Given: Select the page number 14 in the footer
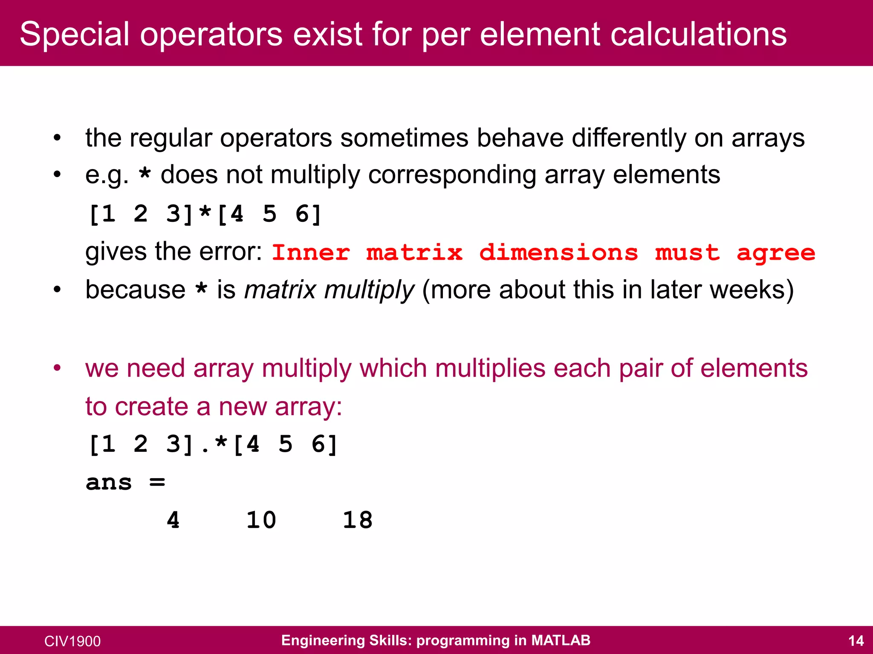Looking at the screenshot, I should (856, 641).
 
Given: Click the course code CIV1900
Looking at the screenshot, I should (72, 641).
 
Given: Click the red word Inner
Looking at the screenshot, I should (311, 253).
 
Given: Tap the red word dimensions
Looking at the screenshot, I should (558, 253).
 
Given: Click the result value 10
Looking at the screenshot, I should (261, 520).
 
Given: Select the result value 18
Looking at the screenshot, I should (358, 520).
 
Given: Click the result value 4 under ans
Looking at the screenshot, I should (173, 520).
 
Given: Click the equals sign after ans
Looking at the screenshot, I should (157, 482).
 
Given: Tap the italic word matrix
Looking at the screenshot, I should (280, 290).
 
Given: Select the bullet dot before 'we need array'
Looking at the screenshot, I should (58, 368).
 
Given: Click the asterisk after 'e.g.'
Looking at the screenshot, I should (145, 175).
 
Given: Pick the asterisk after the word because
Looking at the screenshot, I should (201, 290).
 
